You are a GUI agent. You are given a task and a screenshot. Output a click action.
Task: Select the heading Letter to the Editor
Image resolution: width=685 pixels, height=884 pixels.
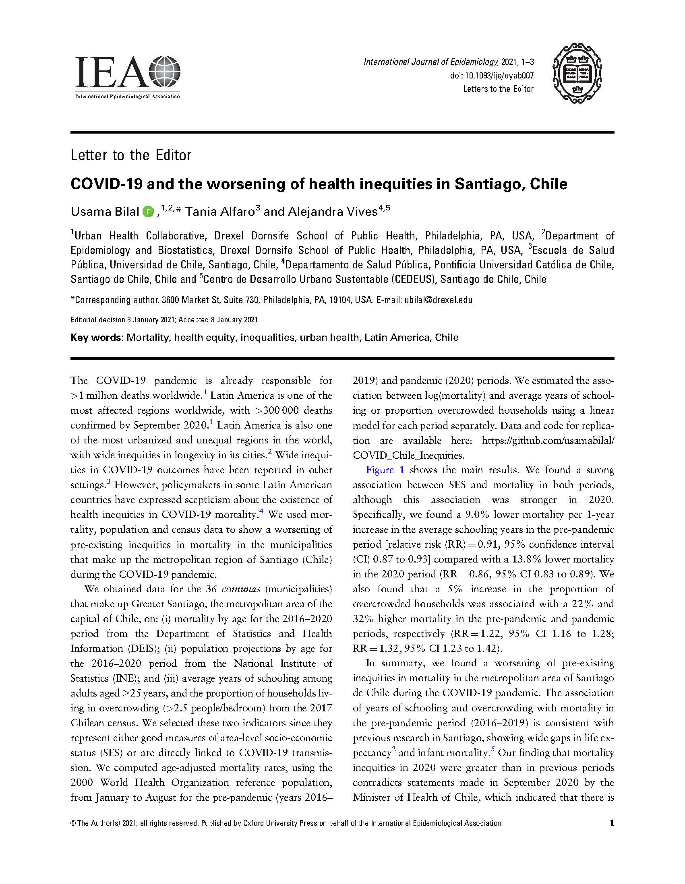click(130, 155)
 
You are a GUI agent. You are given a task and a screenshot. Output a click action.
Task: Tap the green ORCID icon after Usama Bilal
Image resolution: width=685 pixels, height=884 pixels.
click(148, 211)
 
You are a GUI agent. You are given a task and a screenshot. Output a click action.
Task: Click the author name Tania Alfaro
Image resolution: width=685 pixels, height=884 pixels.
click(219, 211)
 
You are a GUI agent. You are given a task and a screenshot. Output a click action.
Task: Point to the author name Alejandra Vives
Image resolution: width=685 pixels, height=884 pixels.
click(332, 211)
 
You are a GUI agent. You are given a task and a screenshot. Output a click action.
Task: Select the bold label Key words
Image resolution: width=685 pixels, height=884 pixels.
click(96, 338)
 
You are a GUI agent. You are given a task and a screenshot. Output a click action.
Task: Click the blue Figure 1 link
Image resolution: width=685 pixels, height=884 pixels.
click(385, 470)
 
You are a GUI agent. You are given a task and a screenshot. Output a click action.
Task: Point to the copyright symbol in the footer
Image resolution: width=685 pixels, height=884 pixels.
click(73, 823)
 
